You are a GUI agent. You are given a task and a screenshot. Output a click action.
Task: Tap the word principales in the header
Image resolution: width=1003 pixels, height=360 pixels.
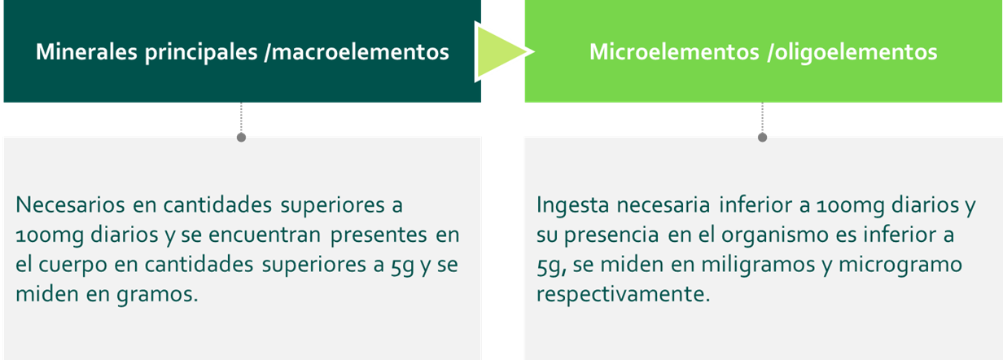[201, 53]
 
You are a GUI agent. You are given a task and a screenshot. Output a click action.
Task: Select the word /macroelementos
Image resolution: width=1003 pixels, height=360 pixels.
[357, 52]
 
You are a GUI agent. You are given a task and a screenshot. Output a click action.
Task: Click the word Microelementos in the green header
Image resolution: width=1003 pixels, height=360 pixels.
[674, 51]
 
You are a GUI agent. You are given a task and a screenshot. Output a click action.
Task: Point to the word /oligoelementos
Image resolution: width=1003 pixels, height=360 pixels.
[852, 53]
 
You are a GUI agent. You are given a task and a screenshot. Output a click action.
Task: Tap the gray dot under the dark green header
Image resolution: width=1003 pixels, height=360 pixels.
[241, 138]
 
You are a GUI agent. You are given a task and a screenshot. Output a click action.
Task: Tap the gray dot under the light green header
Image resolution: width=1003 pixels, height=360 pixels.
[762, 138]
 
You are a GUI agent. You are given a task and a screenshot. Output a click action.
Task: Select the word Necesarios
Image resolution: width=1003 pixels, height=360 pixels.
[70, 205]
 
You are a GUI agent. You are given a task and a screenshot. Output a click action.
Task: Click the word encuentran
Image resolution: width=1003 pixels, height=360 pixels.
[264, 235]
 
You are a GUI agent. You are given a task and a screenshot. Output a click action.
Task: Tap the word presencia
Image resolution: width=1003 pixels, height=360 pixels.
[611, 235]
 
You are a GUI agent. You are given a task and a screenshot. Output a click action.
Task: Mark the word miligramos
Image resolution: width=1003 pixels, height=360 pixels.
[758, 265]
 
